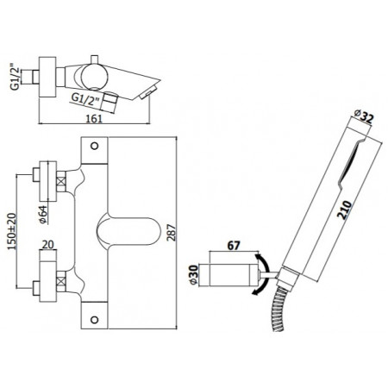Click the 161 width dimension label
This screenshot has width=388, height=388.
94,118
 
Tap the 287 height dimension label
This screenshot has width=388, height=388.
172,233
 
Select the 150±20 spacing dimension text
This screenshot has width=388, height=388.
12,231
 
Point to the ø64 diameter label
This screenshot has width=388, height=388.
43,215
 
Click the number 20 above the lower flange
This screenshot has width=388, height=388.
48,245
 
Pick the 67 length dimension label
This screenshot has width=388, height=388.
234,246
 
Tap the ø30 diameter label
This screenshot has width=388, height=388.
194,275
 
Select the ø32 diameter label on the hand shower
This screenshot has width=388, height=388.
364,116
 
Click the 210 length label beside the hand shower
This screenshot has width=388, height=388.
346,210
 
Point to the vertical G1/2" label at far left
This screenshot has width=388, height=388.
16,78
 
